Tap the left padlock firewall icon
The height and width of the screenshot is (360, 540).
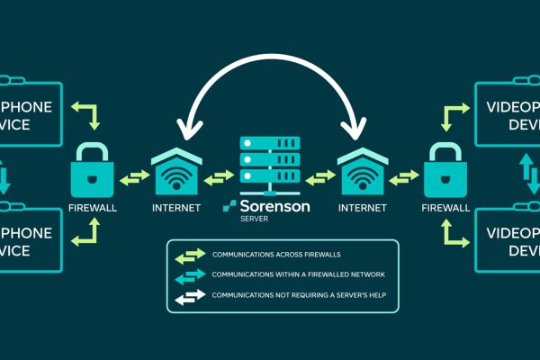92,168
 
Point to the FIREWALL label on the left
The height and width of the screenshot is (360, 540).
92,207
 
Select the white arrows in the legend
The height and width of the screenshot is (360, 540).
191,297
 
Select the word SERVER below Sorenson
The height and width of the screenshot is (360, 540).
255,218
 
